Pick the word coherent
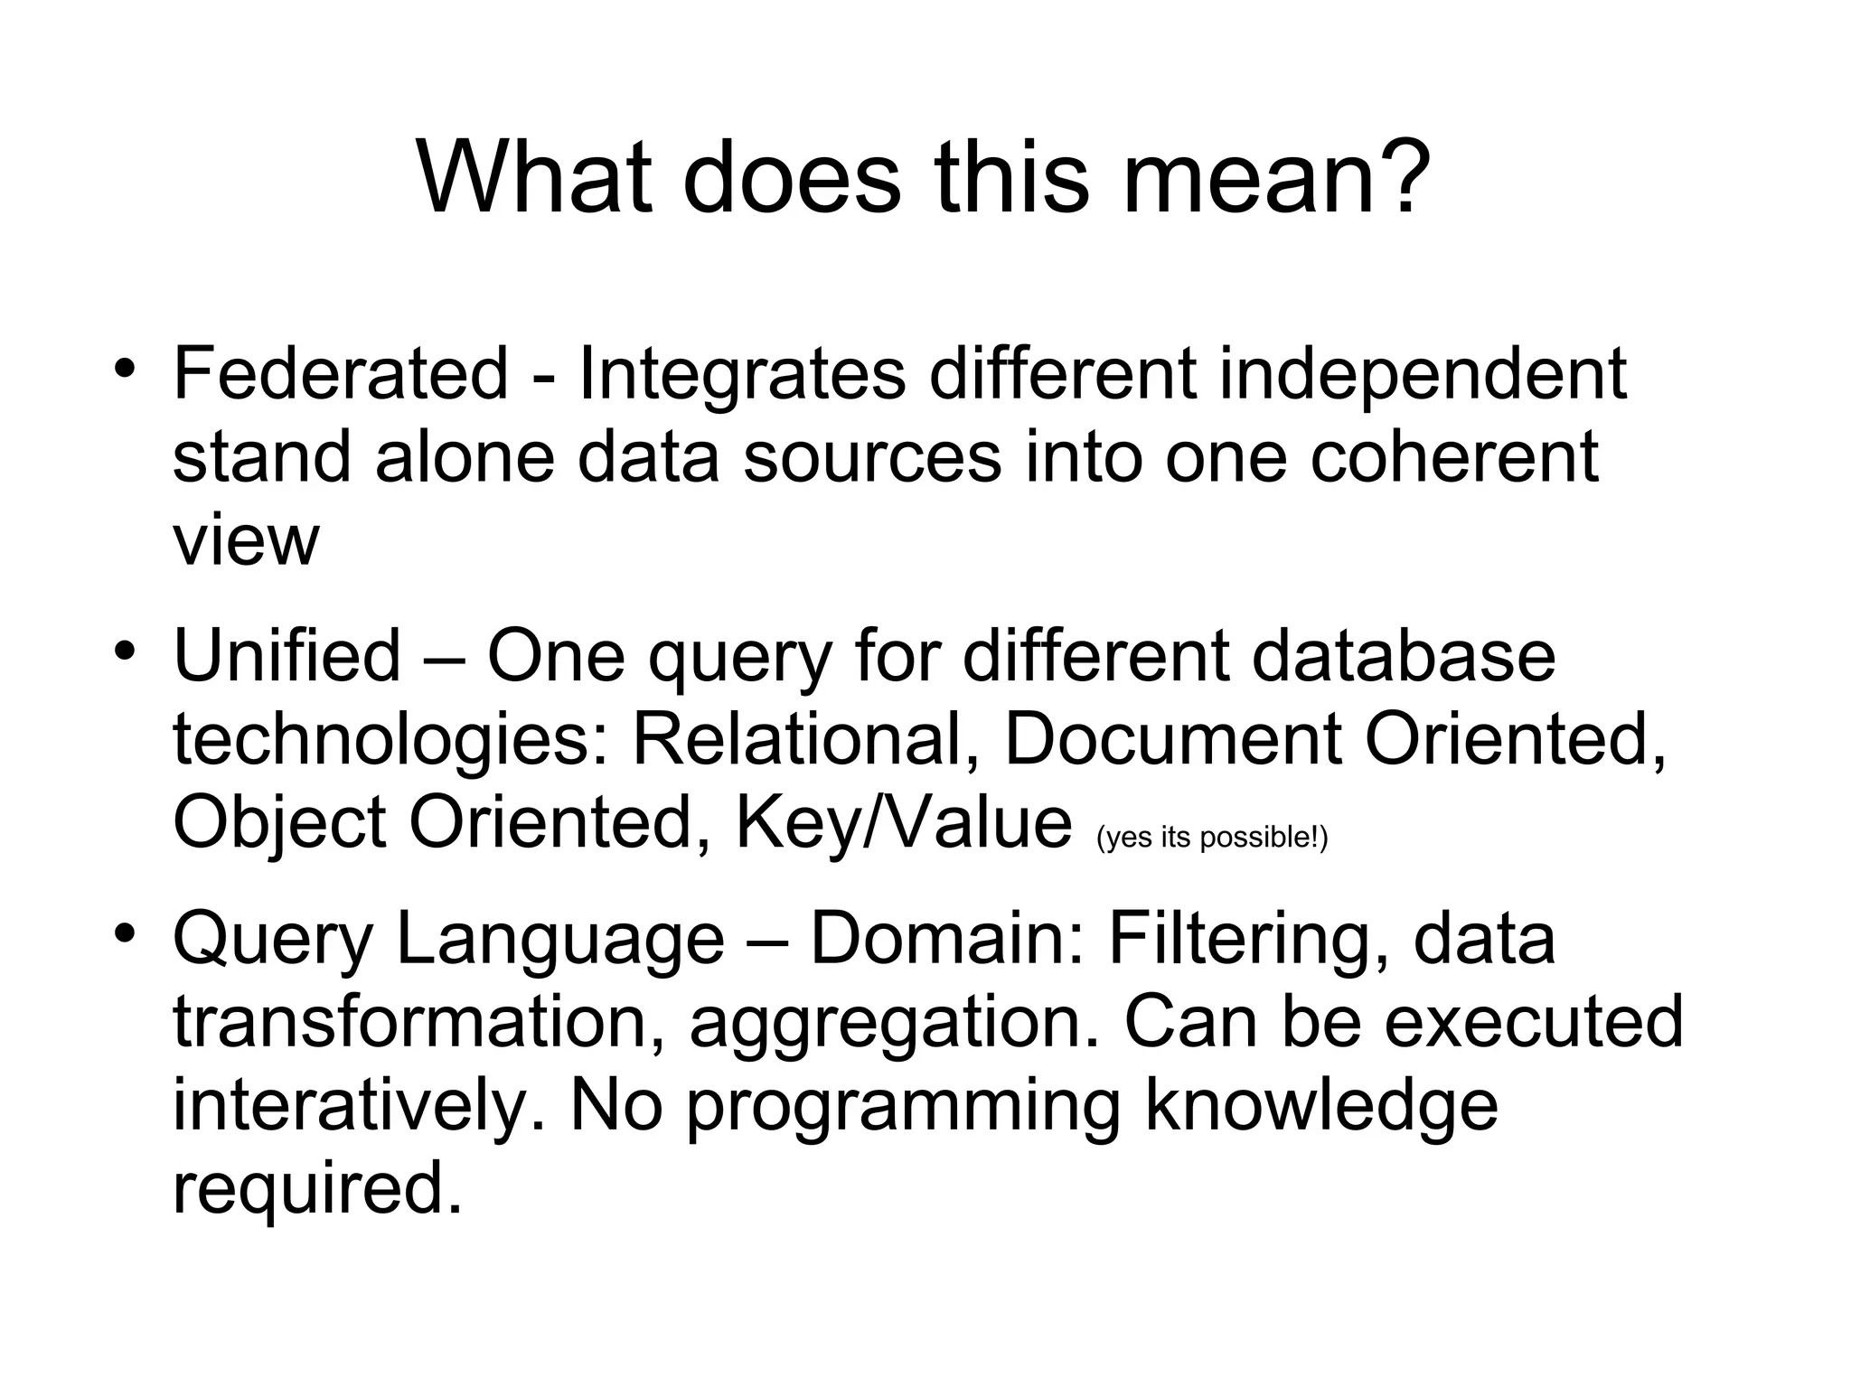[1454, 456]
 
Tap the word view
[245, 540]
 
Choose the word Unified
[287, 655]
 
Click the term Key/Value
[903, 822]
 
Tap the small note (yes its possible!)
[1212, 838]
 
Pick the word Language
[559, 940]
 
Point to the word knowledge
[1321, 1107]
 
